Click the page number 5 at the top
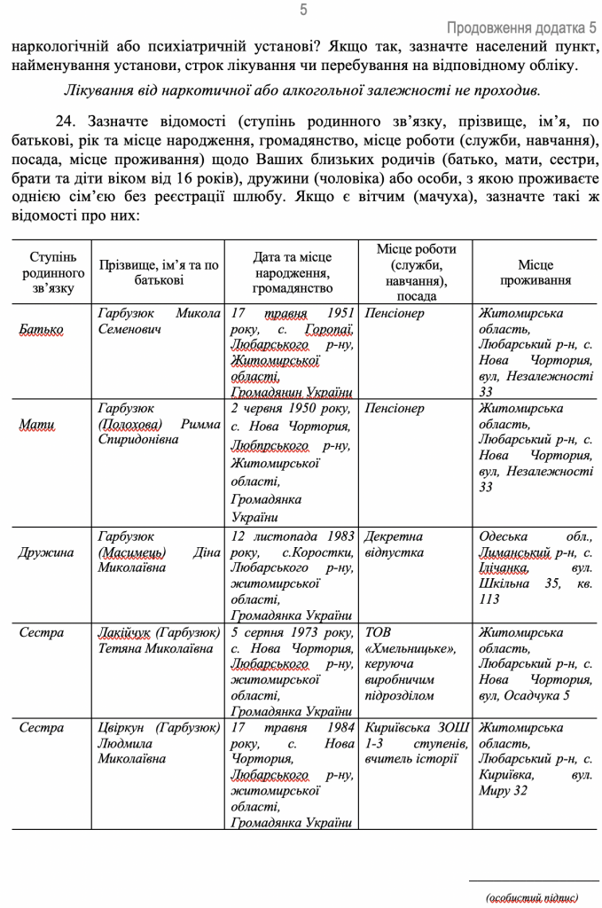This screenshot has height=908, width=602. click(x=303, y=11)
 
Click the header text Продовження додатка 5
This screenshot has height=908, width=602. click(x=521, y=28)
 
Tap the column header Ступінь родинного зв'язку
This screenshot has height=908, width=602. click(x=52, y=272)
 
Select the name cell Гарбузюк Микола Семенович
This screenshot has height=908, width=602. click(x=160, y=321)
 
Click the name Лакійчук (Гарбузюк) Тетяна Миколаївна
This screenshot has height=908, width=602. click(x=160, y=640)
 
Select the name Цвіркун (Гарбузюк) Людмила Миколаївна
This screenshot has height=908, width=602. click(x=160, y=743)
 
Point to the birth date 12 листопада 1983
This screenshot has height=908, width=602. click(x=292, y=536)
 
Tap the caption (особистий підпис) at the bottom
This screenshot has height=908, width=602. click(x=533, y=896)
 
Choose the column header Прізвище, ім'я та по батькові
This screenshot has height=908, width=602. click(x=159, y=272)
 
